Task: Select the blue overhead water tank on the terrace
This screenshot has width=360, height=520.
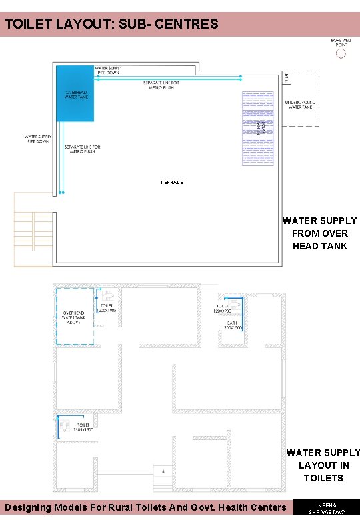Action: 75,93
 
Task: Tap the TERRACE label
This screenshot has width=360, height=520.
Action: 171,182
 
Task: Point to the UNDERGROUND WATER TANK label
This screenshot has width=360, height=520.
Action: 299,105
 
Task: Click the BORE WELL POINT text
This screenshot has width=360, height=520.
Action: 341,42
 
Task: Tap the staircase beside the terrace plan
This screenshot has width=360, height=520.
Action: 32,229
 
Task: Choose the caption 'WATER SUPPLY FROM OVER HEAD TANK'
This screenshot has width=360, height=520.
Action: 319,233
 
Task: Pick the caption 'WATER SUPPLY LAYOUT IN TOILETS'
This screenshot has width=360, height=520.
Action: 323,465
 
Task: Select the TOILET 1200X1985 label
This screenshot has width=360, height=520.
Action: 107,307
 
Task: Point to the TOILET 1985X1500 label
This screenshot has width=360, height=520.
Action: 83,427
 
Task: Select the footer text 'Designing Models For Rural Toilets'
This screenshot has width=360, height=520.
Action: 145,508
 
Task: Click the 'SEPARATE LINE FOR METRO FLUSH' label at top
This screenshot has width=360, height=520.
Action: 164,85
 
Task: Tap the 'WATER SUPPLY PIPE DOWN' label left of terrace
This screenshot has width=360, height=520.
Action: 37,139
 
